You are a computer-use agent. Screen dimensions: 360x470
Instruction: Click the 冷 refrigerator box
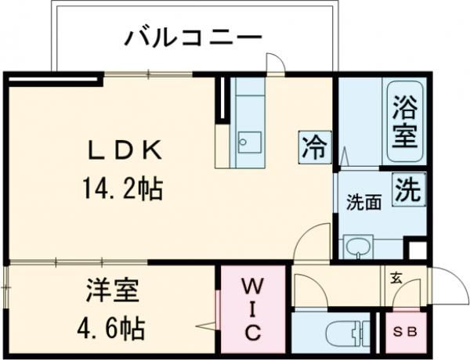pyautogui.click(x=314, y=146)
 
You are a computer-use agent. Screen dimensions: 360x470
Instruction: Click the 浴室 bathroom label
pyautogui.click(x=404, y=121)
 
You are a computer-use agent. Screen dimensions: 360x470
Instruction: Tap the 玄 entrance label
pyautogui.click(x=396, y=275)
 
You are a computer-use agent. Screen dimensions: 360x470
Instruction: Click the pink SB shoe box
pyautogui.click(x=406, y=332)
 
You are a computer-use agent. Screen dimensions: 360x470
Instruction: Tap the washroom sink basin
pyautogui.click(x=360, y=247)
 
